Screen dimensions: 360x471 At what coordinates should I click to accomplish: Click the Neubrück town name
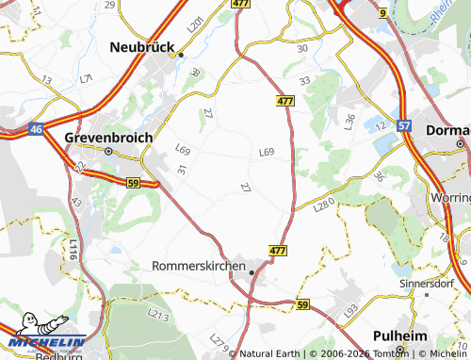tap(146, 45)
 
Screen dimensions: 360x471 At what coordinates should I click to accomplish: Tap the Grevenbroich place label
tap(108, 137)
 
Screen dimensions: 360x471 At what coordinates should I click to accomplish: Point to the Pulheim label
tap(401, 335)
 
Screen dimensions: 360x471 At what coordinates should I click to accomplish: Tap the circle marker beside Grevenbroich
tap(108, 151)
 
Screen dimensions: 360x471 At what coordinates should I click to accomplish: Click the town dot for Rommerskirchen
tap(252, 271)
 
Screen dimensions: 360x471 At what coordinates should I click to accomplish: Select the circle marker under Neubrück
tap(182, 55)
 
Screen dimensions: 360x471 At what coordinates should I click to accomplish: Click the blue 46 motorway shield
tap(35, 128)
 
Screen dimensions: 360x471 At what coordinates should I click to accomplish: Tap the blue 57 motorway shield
tap(404, 124)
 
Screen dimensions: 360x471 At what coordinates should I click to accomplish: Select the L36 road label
tap(349, 121)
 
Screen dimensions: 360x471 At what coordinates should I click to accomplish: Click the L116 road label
tap(73, 249)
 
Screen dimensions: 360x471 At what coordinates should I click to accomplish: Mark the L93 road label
tap(350, 309)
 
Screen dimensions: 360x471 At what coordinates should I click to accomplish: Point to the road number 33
tap(304, 82)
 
